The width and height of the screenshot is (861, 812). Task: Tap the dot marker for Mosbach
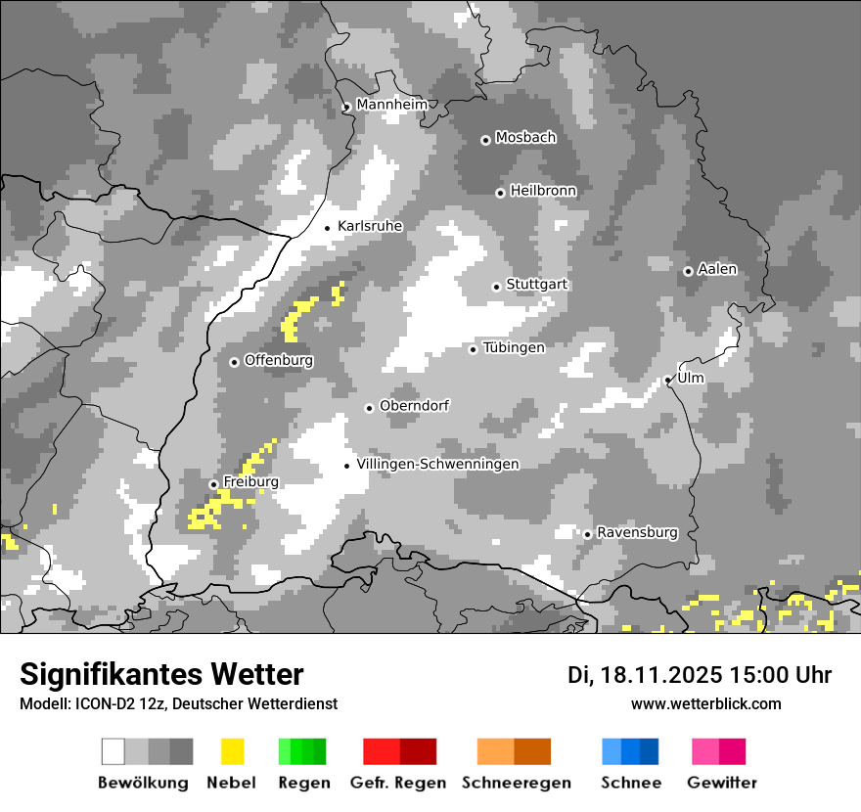click(x=485, y=140)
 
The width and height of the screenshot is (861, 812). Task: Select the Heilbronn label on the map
click(x=543, y=191)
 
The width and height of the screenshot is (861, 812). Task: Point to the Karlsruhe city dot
click(x=328, y=228)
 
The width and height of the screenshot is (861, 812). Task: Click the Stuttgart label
click(x=537, y=285)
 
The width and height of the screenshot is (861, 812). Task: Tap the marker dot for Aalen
click(x=688, y=271)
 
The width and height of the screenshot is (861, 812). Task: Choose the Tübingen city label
click(x=514, y=348)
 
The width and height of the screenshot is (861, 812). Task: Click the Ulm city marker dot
click(x=667, y=380)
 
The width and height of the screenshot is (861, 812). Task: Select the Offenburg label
click(x=279, y=361)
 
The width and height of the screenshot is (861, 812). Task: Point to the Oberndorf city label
click(x=414, y=406)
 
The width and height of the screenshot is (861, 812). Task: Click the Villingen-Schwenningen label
click(x=437, y=465)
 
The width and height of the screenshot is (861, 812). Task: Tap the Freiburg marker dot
click(x=213, y=484)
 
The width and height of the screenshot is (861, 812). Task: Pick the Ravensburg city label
click(x=637, y=533)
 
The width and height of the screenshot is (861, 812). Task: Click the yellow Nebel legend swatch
click(x=232, y=751)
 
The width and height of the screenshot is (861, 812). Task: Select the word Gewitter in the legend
click(x=721, y=783)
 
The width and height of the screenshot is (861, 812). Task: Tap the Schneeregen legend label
click(x=517, y=783)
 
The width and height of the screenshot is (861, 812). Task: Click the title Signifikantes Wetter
click(x=161, y=674)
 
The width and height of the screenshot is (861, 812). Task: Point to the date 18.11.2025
click(x=663, y=675)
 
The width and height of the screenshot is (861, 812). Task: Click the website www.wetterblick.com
click(x=705, y=703)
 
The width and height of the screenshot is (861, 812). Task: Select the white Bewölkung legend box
click(x=113, y=751)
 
